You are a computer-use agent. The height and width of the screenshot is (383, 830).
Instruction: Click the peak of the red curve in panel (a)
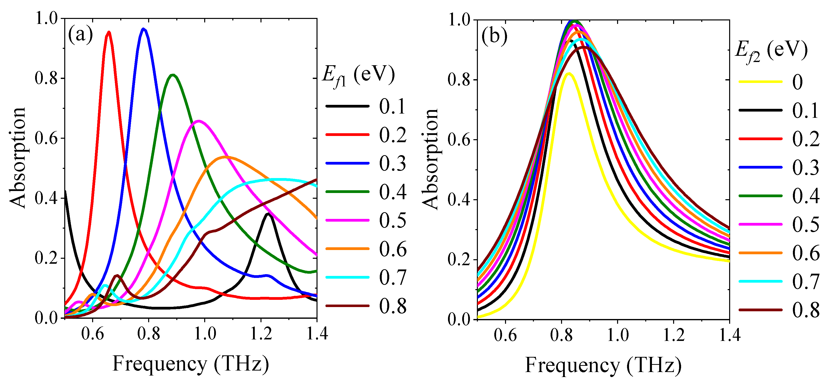109,32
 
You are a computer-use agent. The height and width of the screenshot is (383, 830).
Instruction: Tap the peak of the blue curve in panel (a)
144,29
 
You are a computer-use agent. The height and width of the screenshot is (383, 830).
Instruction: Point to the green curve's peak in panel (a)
173,75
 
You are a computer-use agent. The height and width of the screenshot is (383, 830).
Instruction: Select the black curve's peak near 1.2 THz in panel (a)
268,214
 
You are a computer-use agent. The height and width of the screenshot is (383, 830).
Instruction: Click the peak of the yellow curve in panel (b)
569,74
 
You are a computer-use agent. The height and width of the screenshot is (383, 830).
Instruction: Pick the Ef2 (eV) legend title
771,52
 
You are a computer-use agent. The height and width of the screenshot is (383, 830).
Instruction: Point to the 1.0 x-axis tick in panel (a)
205,333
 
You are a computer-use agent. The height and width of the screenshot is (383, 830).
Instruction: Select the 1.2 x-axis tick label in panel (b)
674,335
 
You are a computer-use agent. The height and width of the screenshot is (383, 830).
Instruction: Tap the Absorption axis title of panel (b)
430,159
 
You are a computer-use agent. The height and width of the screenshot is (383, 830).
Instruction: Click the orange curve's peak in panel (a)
226,157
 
